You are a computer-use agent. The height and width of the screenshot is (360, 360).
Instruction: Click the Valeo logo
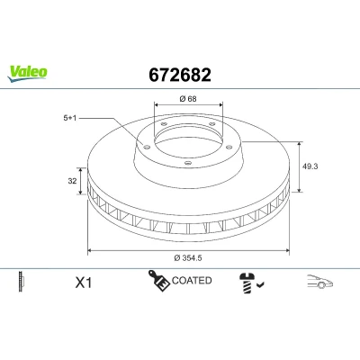(28, 74)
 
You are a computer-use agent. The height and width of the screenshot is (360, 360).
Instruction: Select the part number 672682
(180, 75)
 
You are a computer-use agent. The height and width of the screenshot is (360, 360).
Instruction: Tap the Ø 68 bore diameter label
(188, 98)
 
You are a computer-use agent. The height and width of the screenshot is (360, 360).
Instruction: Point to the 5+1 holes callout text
(70, 118)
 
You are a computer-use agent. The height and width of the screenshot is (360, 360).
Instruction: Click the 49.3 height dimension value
(310, 166)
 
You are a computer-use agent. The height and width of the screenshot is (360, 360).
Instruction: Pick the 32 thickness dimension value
(72, 181)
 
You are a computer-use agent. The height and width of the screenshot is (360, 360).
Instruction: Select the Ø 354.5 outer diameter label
(188, 257)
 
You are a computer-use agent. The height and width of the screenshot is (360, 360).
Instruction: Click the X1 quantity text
(84, 283)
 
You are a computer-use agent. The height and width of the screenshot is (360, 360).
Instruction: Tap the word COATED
(192, 281)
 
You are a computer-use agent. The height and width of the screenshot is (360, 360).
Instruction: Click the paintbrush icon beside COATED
(158, 281)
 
